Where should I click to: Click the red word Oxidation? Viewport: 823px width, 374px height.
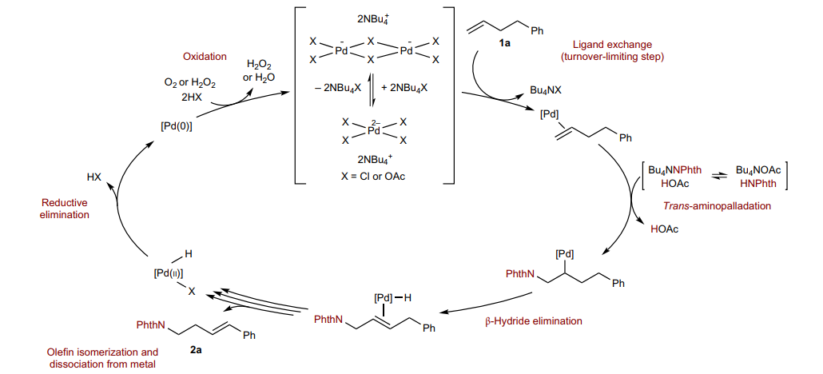point(205,58)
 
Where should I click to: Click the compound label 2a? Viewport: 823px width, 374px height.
point(196,349)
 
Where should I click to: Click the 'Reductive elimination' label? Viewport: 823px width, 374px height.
point(64,209)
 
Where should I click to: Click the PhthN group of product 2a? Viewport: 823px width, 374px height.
point(150,325)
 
